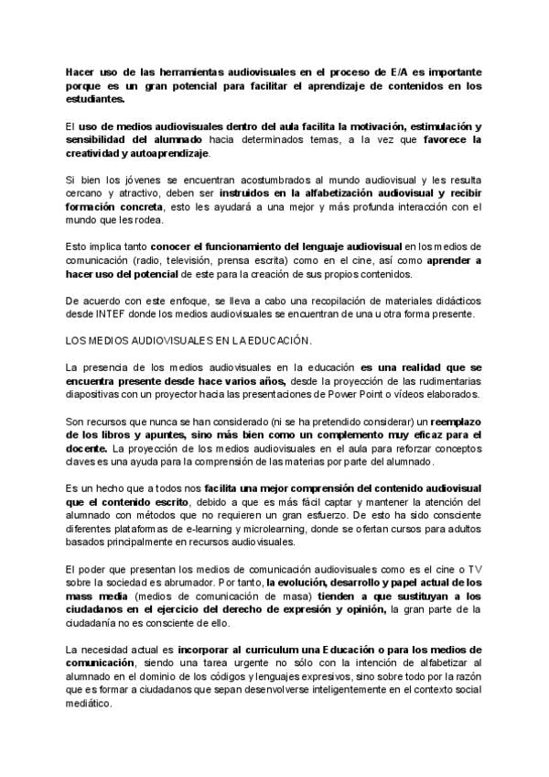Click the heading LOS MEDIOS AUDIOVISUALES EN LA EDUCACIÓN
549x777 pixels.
coord(189,341)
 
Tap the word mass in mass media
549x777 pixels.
coord(82,596)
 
